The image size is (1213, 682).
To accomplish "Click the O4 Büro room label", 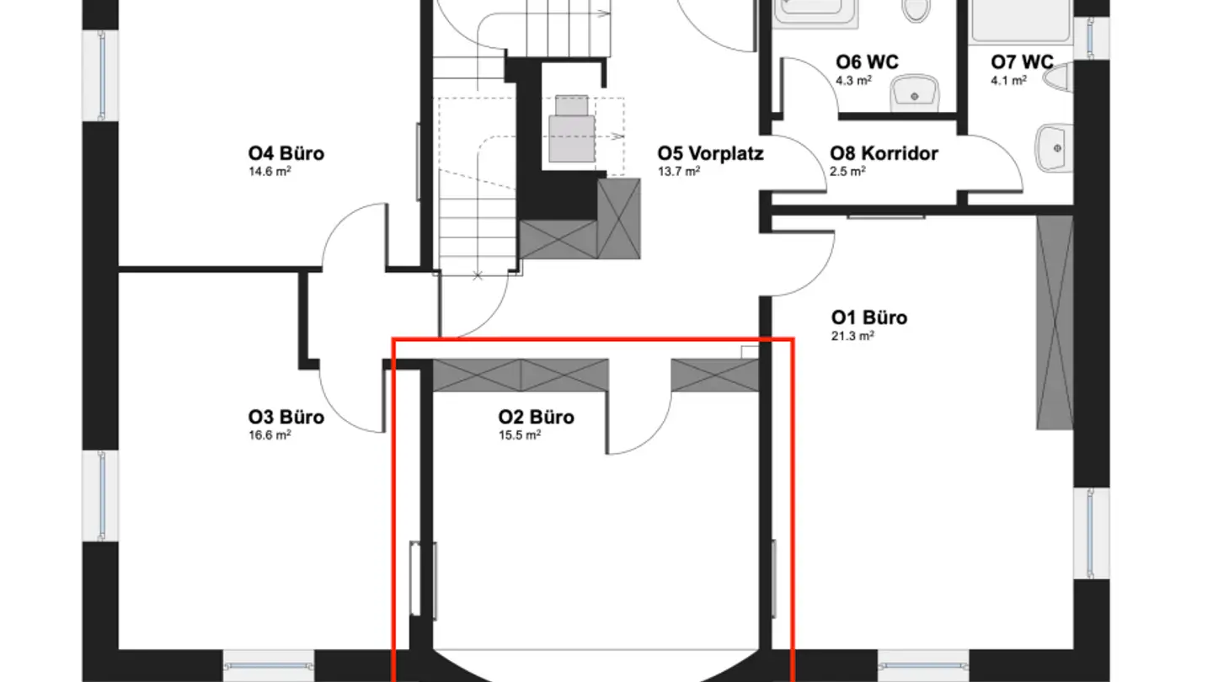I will coord(286,154).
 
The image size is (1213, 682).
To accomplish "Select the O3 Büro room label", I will coord(286,418).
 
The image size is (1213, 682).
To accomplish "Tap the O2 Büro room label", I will coord(537,418).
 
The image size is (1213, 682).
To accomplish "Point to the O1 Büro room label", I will coord(869,318).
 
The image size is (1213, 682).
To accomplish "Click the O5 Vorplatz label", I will coord(710,154).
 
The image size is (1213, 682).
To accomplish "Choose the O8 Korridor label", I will coord(884,154).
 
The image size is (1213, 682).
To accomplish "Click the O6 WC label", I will coord(867,62).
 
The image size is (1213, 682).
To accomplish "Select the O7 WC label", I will coord(1022,62).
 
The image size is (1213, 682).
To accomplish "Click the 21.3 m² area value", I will coord(852,335).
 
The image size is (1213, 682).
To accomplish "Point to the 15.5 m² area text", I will coord(520,434).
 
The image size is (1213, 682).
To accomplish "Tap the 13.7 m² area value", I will coord(678,171).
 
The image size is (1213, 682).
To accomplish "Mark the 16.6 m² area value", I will coord(270,434).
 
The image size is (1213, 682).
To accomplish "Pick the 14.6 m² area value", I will coord(270,171).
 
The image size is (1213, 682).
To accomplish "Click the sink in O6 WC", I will coord(915,90).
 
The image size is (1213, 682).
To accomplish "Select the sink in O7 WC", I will coord(1054,148).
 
